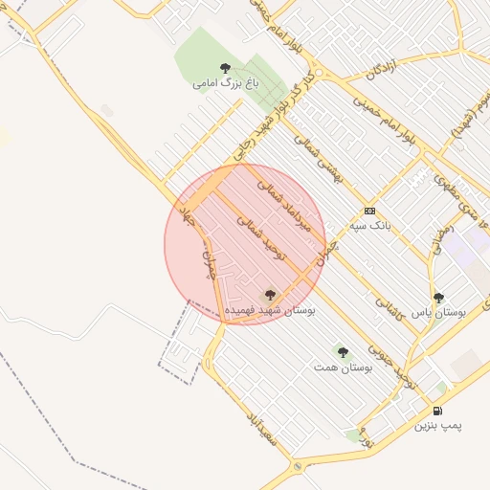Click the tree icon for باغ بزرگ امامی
point(225,68)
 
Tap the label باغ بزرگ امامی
point(225,83)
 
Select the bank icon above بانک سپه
point(369,212)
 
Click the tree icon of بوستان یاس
point(438,298)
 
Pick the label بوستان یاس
point(438,312)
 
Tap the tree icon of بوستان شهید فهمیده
point(269,295)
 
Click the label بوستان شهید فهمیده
point(269,310)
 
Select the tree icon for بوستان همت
point(343,352)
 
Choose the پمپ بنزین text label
point(438,425)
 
